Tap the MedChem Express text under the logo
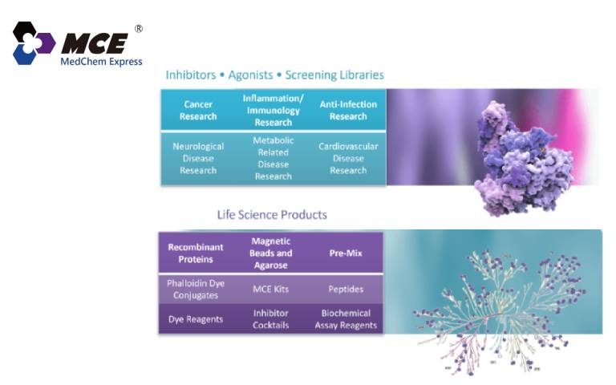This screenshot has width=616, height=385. coord(101,62)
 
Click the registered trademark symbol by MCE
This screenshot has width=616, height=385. coord(139,28)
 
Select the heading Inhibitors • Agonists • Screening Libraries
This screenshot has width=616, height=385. coord(274,75)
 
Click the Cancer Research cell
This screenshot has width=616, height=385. coord(198,111)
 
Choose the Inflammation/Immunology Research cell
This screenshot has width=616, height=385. coord(273,111)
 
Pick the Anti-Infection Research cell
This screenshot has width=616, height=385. coord(348,111)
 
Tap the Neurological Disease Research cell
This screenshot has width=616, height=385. coord(198,158)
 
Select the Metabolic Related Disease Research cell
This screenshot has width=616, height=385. coord(273,158)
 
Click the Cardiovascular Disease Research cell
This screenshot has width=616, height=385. coord(348,158)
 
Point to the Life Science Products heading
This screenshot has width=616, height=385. coord(272,215)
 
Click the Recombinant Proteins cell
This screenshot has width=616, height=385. coord(196,253)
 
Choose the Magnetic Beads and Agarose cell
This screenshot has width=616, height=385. coord(270,253)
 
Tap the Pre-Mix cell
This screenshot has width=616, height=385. coord(345,253)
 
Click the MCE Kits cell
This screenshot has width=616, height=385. coord(270,288)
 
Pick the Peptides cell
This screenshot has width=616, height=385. coord(345,288)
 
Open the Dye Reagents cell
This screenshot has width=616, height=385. coord(196,318)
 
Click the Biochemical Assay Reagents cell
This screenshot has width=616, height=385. coord(345,318)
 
